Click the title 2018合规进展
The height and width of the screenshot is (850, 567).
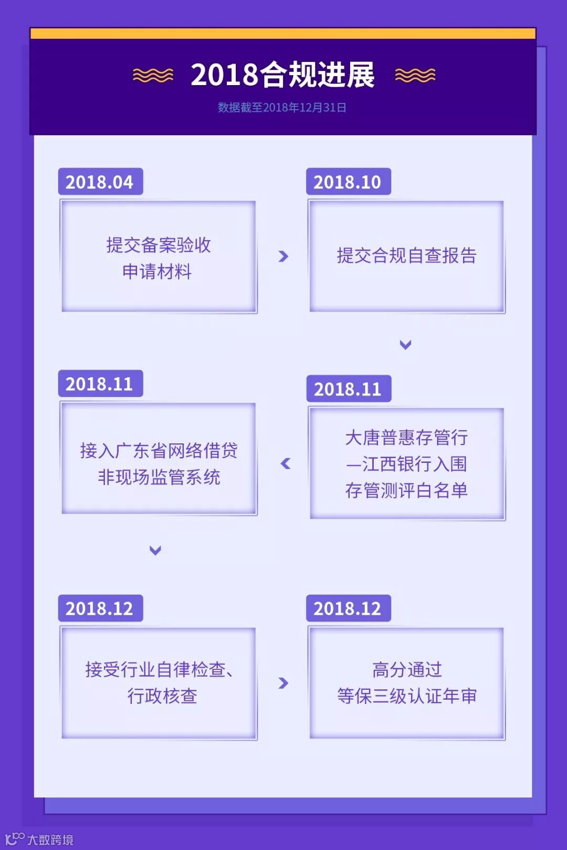(x=282, y=75)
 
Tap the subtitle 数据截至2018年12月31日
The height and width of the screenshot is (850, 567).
(x=282, y=108)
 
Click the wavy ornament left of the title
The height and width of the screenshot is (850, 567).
(x=153, y=76)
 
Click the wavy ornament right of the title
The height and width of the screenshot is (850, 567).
(x=415, y=76)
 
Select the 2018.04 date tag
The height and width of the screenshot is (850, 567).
(x=100, y=182)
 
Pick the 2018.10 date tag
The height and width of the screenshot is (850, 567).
(x=348, y=182)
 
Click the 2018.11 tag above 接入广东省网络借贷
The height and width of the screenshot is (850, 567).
(x=100, y=383)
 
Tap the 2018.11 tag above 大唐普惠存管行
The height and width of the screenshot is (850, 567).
(x=348, y=389)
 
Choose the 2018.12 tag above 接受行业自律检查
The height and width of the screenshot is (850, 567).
(x=100, y=608)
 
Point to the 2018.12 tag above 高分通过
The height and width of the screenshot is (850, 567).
(x=348, y=608)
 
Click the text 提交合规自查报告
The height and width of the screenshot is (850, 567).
(x=406, y=256)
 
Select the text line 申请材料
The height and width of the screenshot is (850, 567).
(x=157, y=272)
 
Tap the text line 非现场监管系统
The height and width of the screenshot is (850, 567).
(x=159, y=477)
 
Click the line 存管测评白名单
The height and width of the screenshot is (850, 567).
(x=406, y=490)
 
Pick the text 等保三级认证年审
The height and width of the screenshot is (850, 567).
(x=406, y=696)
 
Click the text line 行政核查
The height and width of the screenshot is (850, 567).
(x=162, y=696)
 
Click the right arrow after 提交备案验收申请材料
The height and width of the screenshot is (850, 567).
(x=283, y=256)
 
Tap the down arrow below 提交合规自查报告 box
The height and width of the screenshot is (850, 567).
(x=405, y=345)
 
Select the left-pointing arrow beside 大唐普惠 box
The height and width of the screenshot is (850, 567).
(x=286, y=463)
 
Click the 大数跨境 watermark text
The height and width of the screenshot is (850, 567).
(x=50, y=839)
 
